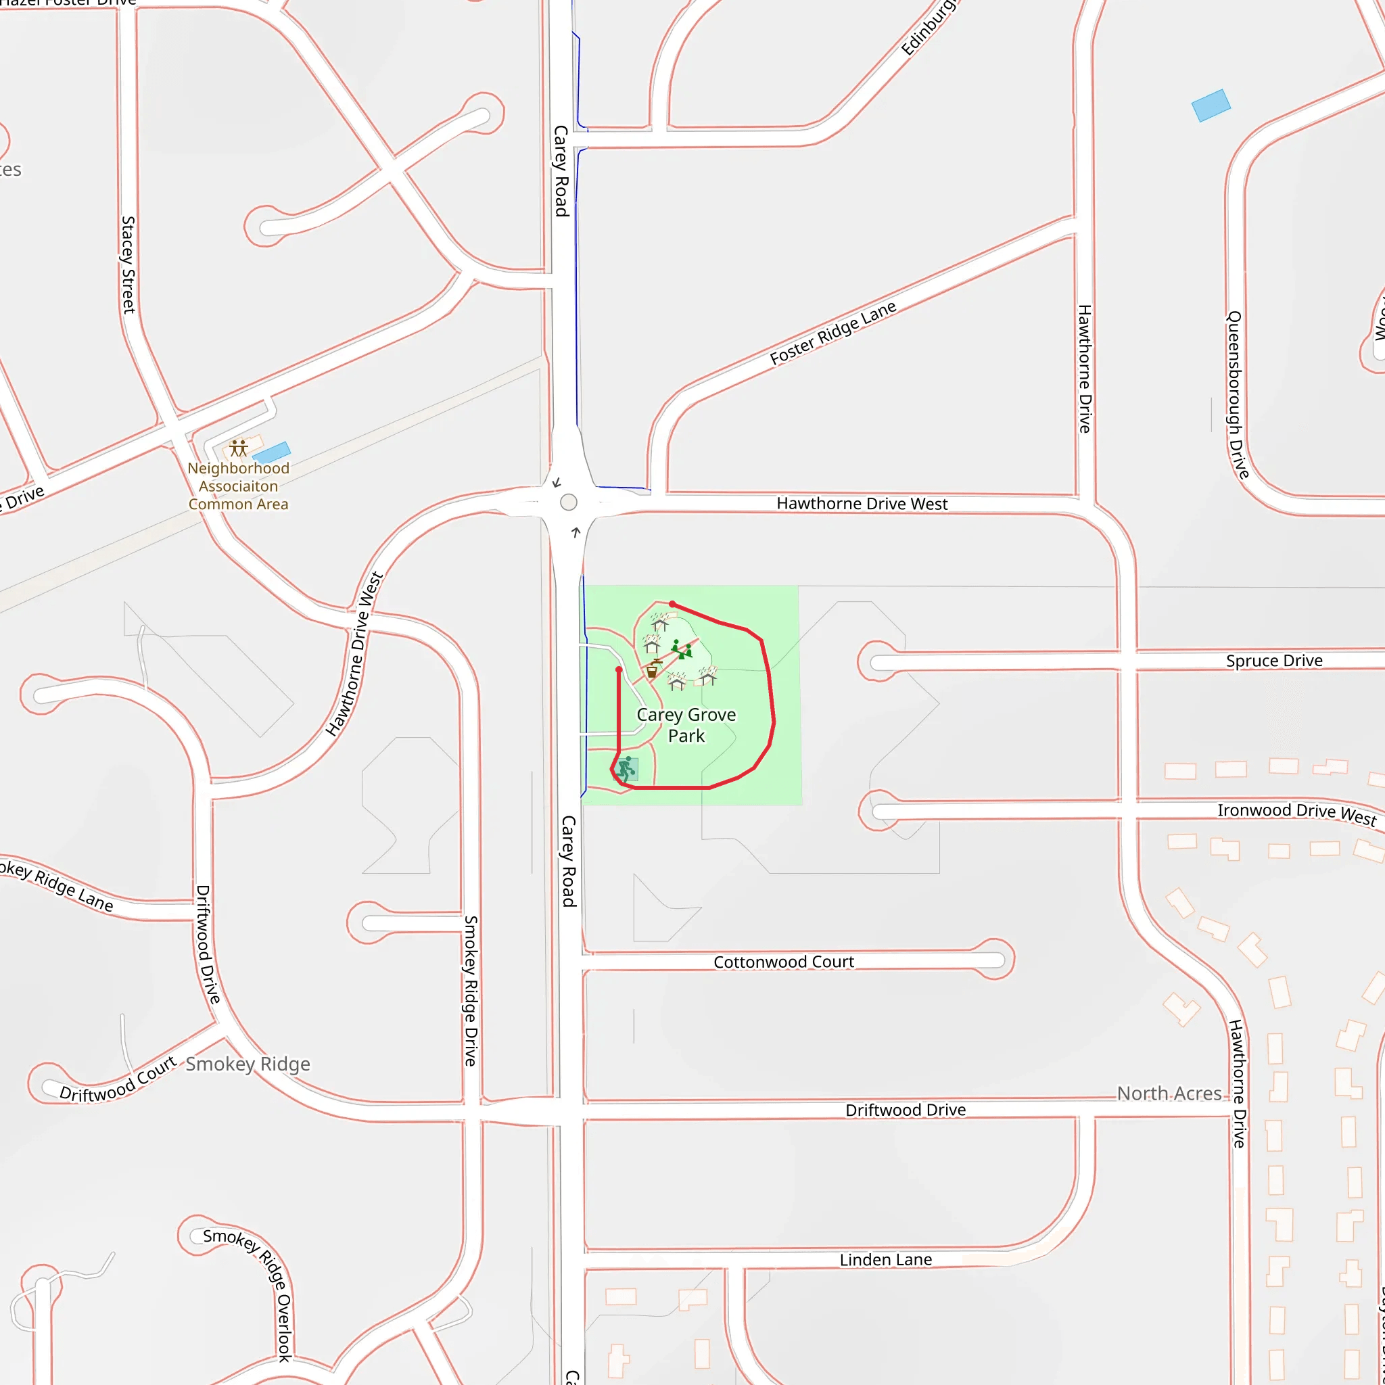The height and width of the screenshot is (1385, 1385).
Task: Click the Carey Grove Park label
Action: (x=686, y=725)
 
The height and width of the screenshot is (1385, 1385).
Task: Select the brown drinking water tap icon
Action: (x=653, y=670)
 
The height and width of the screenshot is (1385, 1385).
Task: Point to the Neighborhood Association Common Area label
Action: (x=238, y=486)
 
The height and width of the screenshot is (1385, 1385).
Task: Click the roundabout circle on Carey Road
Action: (x=569, y=502)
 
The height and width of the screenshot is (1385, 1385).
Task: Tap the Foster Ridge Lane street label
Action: (x=833, y=333)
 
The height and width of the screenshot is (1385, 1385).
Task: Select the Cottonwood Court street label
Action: (x=784, y=962)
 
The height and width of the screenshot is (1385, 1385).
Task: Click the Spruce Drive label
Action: (x=1274, y=660)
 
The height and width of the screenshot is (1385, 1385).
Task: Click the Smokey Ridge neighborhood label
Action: (x=248, y=1064)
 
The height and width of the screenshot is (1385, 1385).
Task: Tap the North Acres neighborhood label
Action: (x=1169, y=1094)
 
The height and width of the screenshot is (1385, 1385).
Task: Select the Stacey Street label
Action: (x=128, y=264)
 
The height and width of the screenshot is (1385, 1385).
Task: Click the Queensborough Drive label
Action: (x=1238, y=394)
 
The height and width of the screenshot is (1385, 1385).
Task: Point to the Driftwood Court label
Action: (x=118, y=1079)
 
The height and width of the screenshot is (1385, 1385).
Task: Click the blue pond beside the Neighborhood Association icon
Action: (x=272, y=452)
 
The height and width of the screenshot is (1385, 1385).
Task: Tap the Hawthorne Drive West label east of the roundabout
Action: (x=862, y=503)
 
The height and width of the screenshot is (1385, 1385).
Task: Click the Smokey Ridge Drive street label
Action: (x=470, y=991)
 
